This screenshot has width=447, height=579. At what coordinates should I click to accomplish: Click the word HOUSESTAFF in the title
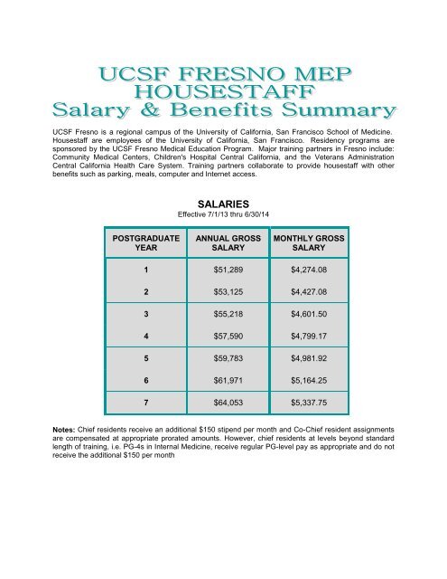222,91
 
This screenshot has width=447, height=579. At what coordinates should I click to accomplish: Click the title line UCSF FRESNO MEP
222,71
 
